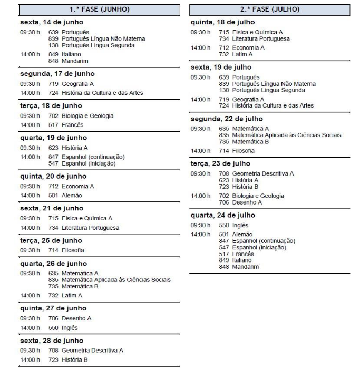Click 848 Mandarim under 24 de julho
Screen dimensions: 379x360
pos(235,266)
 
